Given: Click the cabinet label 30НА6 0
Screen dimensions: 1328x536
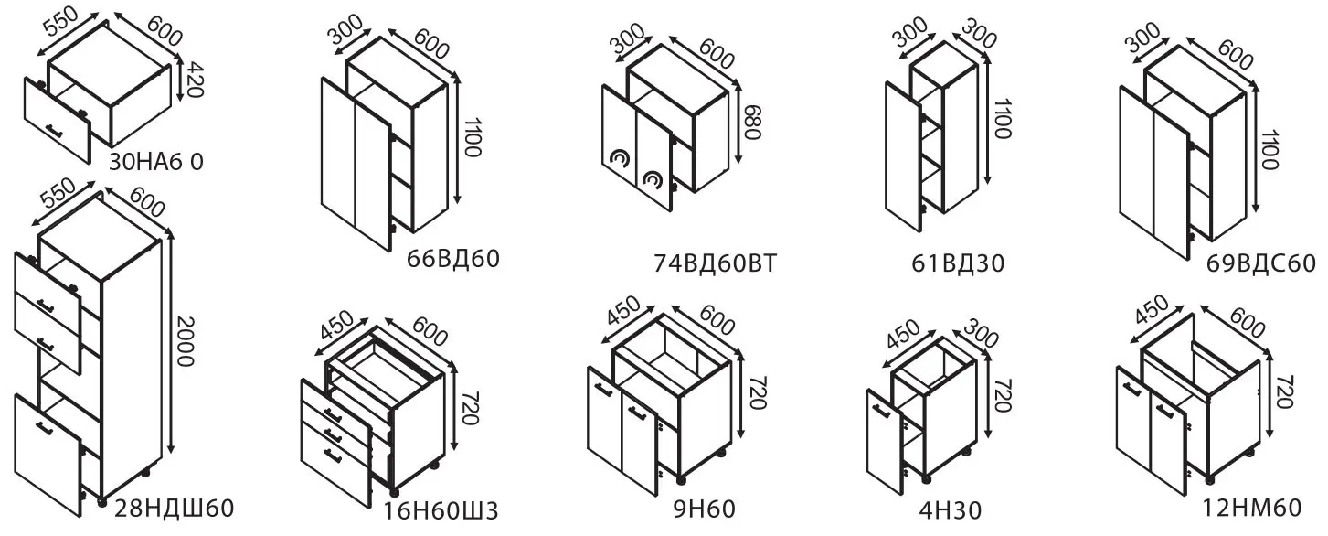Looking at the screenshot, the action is click(156, 162).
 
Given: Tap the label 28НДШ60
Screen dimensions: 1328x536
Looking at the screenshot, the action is click(174, 508).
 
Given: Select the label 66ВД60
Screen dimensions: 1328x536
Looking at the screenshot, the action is click(453, 259).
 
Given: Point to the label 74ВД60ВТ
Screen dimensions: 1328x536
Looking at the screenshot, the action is click(715, 263).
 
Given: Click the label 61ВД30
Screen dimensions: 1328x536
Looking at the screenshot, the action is click(958, 263).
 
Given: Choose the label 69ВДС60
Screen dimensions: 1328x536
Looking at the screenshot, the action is click(1261, 263).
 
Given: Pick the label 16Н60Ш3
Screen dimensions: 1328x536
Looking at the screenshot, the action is click(441, 510).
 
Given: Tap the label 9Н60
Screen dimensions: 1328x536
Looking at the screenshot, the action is click(705, 509).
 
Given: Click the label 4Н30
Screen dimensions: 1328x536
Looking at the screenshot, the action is click(951, 509).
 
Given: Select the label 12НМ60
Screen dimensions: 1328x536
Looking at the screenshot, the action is click(1251, 508).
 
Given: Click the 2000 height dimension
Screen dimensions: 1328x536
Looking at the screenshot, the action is click(186, 341).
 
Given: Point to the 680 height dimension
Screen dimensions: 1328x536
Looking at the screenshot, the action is click(751, 123).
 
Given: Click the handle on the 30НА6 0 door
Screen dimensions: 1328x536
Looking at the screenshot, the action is click(55, 130).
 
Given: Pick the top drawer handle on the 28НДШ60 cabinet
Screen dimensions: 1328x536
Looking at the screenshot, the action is click(46, 306).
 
